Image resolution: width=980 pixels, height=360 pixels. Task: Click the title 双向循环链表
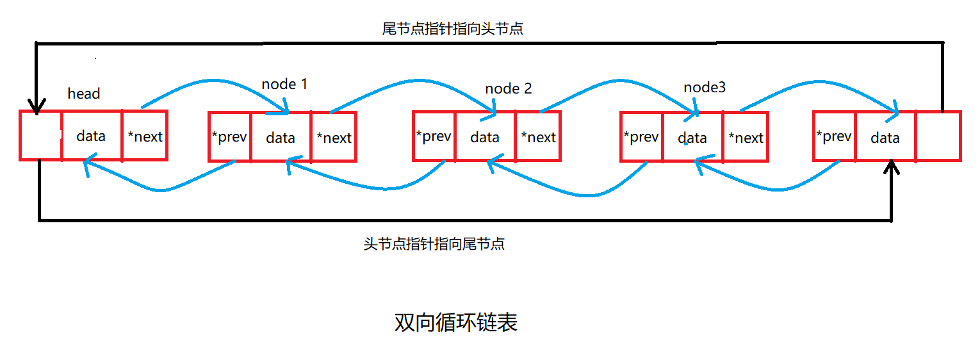[455, 323]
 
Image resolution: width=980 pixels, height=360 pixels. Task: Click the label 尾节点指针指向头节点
[453, 29]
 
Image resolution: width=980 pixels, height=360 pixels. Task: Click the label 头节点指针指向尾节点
[434, 244]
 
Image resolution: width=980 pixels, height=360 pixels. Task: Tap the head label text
[84, 94]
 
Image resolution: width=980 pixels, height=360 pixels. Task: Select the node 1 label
[285, 84]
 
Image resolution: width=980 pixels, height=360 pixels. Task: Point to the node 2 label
[509, 88]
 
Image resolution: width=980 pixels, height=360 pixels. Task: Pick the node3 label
[705, 87]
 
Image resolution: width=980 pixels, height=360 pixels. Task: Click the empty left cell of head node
[40, 136]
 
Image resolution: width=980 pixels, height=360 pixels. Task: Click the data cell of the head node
[91, 136]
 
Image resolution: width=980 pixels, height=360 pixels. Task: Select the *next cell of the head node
[145, 136]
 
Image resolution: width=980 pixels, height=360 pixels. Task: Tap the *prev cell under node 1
[229, 136]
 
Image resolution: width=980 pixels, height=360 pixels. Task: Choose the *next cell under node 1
[334, 137]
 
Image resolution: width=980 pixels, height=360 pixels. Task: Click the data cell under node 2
[485, 136]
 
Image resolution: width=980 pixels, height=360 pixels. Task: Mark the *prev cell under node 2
[434, 136]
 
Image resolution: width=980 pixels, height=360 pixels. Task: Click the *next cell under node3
[746, 137]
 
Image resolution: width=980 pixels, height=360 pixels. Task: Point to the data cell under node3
[692, 137]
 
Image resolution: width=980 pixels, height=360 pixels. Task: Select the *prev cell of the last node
[834, 136]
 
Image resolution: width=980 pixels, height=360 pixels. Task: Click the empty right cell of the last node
[938, 136]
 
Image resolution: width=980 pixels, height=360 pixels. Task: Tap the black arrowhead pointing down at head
[37, 106]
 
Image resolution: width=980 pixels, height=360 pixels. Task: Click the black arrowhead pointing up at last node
[892, 168]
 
